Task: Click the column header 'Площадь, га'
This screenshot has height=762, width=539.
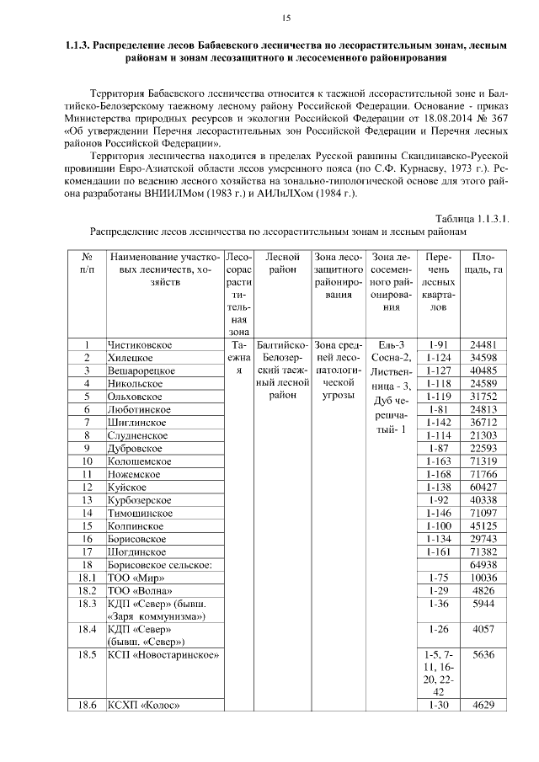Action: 488,263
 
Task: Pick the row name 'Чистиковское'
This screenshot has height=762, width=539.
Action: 140,344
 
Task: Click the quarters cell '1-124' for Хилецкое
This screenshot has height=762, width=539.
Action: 438,358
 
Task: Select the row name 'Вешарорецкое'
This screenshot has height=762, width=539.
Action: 141,370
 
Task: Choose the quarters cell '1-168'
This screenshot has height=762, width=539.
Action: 438,475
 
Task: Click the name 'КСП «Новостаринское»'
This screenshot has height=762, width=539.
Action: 163,655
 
